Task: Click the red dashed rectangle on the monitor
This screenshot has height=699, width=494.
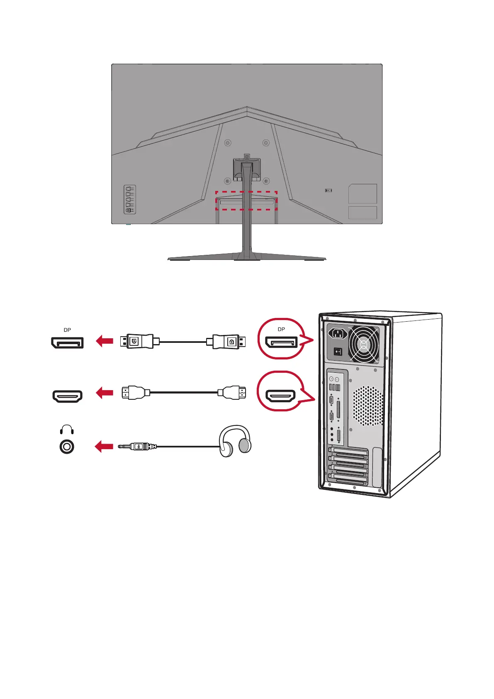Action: coord(246,200)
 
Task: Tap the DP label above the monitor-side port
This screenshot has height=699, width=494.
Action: coord(67,330)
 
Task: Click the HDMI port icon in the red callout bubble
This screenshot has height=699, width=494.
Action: coord(281,396)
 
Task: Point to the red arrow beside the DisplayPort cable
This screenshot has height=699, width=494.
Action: coord(105,342)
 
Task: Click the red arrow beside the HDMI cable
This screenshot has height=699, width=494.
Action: coord(105,393)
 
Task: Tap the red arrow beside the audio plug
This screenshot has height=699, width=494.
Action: coord(104,447)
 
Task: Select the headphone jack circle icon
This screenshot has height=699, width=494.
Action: coord(67,447)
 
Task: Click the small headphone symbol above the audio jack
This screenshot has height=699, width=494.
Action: coord(67,430)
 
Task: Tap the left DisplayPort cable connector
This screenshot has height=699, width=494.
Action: coord(136,342)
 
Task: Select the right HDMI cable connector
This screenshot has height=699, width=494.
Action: coord(232,393)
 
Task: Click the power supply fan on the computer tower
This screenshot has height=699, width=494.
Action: coord(364,344)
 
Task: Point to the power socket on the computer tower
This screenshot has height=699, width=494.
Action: coord(338,333)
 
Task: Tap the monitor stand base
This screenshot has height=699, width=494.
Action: coord(247,257)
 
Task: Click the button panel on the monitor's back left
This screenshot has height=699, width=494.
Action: coord(130,199)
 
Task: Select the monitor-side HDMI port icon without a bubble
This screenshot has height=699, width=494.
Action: coord(67,396)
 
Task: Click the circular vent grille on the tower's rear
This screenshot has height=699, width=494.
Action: coord(368,406)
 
